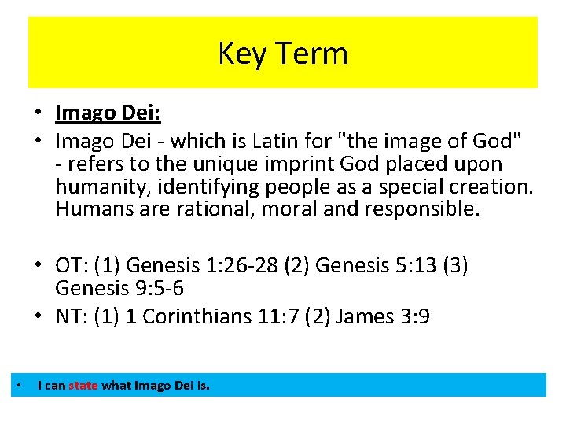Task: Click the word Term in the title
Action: tap(314, 54)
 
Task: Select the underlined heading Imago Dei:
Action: tap(108, 113)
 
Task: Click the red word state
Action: tap(83, 386)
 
